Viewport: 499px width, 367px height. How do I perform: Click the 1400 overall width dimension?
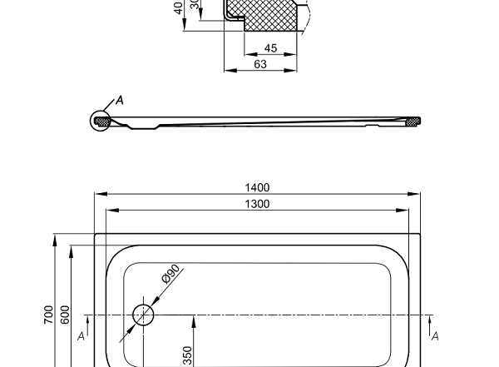258,188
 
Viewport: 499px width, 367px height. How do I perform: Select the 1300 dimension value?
258,204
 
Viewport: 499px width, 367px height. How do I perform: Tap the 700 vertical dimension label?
49,315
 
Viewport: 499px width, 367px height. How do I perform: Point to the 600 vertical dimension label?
64,315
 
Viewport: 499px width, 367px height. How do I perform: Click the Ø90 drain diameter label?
171,275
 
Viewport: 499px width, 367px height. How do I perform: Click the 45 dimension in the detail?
269,49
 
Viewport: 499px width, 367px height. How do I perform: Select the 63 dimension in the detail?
260,63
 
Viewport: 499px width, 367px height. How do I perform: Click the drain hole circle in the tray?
143,315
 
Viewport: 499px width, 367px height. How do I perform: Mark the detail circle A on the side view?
101,122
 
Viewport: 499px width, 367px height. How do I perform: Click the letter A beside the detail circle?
118,101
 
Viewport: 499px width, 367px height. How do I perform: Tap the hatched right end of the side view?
410,122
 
